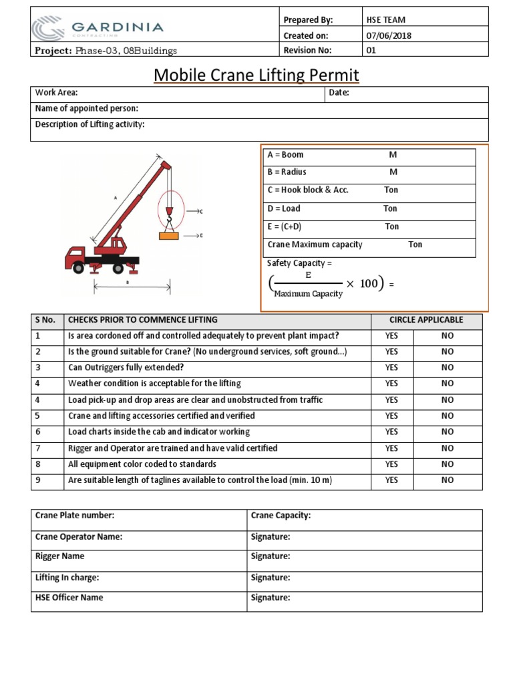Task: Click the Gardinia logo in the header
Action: (97, 29)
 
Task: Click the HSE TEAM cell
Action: (386, 20)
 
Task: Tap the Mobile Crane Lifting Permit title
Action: (256, 75)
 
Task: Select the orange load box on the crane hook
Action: (169, 235)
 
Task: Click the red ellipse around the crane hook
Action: (170, 208)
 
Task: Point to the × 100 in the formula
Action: (362, 284)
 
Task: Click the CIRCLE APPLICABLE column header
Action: (426, 320)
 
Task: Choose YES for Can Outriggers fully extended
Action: (391, 367)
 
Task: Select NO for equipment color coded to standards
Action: (447, 464)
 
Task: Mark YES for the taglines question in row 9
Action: (391, 480)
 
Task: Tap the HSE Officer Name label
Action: (69, 598)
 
